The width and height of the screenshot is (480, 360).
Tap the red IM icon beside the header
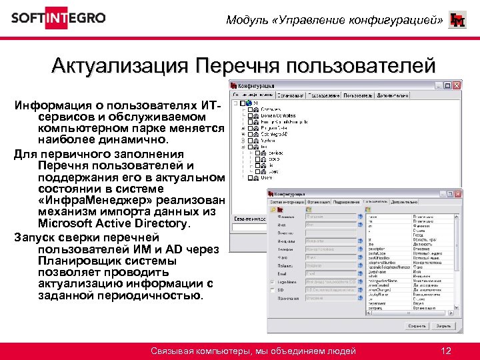point(458,20)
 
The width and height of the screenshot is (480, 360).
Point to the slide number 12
point(447,351)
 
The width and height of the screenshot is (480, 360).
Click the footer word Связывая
point(173,351)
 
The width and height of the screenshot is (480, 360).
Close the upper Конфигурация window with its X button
point(457,86)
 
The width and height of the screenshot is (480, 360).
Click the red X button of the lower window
point(457,192)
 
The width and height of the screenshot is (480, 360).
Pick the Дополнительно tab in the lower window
point(405,201)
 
